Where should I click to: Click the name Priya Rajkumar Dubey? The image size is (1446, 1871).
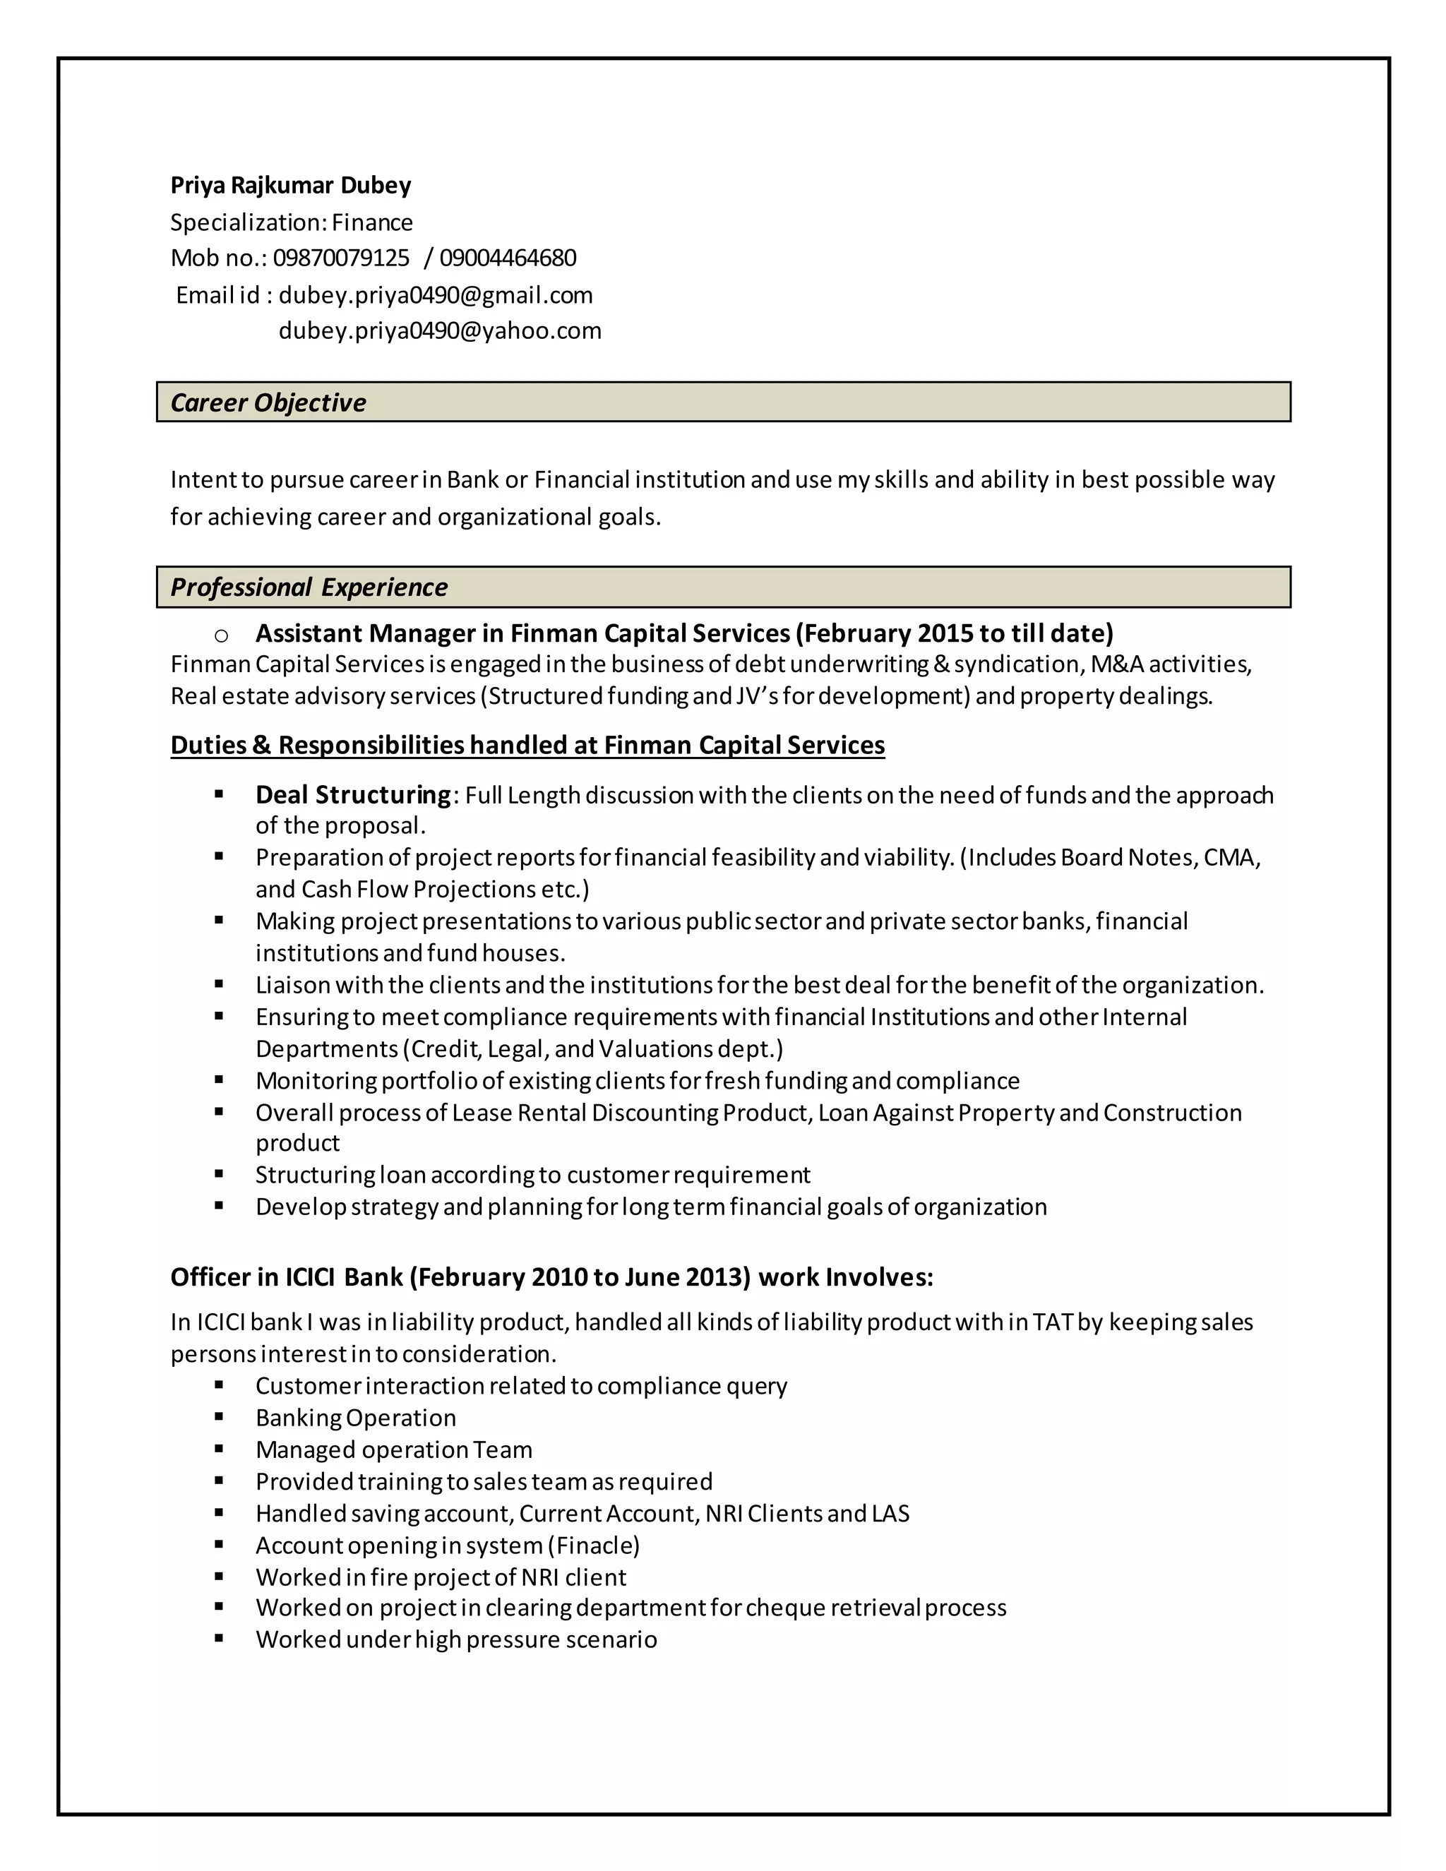tap(290, 185)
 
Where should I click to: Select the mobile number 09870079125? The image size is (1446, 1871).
tap(341, 258)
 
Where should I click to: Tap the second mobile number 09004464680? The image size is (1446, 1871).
tap(507, 258)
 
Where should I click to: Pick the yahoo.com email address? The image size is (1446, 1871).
tap(439, 330)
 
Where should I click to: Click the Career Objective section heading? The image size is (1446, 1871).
tap(268, 402)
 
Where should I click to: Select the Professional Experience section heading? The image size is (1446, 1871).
tap(309, 587)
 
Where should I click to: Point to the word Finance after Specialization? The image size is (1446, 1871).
tap(372, 222)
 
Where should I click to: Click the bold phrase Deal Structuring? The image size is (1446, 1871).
tap(352, 795)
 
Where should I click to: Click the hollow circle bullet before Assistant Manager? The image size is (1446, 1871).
tap(221, 635)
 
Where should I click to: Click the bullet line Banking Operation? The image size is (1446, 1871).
tap(356, 1418)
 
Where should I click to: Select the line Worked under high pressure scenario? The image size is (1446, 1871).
tap(455, 1639)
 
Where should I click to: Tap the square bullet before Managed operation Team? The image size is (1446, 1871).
tap(220, 1449)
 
